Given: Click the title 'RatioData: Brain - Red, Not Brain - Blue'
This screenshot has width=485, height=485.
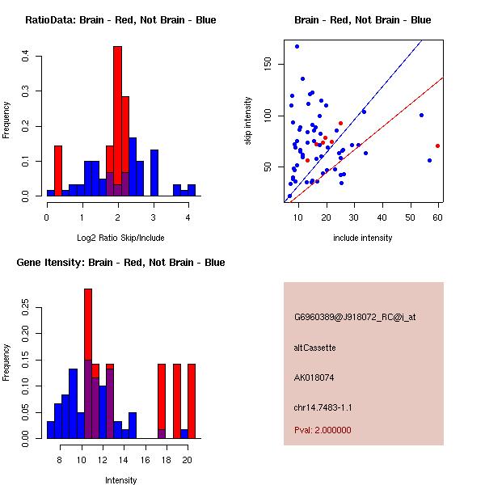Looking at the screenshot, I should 120,20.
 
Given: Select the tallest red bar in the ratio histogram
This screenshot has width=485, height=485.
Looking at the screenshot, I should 117,113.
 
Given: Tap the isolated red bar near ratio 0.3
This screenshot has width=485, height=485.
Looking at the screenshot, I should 58,170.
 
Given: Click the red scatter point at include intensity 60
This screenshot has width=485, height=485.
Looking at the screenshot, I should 437,145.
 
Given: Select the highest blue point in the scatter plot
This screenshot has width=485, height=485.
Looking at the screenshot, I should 297,46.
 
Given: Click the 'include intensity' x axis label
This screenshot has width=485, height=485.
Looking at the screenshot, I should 363,238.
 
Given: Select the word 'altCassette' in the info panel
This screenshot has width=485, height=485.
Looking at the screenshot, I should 314,348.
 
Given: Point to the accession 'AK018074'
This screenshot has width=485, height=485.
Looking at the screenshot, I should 315,377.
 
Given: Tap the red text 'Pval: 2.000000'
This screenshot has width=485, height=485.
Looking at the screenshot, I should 323,430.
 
